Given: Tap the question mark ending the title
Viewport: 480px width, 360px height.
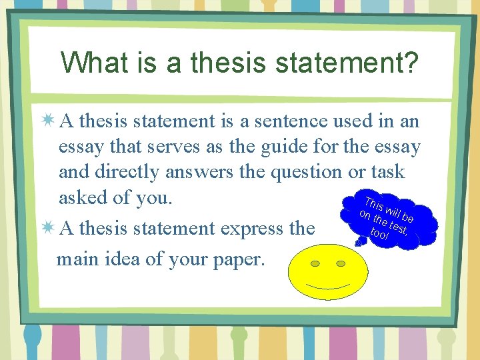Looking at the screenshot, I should [411, 63].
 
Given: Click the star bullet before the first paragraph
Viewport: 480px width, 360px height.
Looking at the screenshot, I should [47, 121].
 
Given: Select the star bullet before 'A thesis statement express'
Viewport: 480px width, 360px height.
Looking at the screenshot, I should [47, 229].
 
